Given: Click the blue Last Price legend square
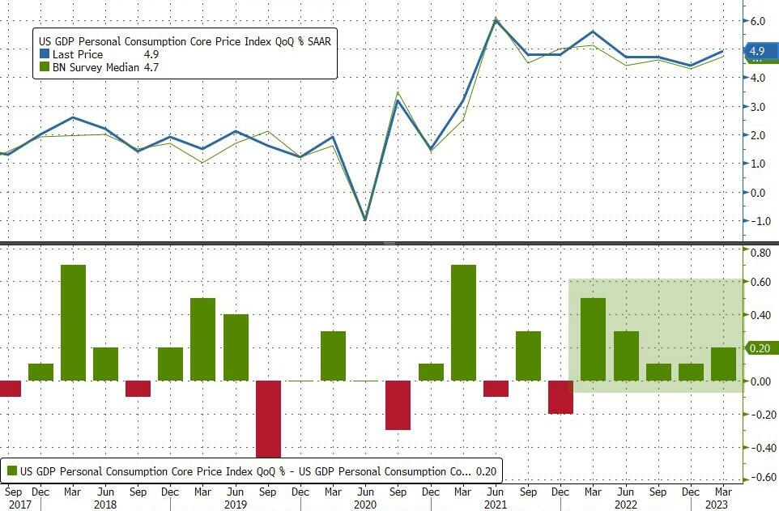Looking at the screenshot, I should (x=44, y=54).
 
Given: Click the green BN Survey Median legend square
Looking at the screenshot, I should (x=44, y=67).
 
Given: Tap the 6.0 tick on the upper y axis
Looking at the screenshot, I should (x=757, y=21).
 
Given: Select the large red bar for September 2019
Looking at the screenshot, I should (x=268, y=419).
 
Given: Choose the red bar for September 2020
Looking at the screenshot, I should (x=398, y=405).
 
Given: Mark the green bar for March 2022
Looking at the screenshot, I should (x=594, y=339).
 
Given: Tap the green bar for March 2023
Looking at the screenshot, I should (x=723, y=364).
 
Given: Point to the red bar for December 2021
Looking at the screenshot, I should (x=561, y=397).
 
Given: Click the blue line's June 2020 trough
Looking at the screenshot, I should (x=365, y=219).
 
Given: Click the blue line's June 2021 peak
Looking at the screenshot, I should (x=496, y=19).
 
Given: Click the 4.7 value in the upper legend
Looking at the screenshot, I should (x=150, y=67).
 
